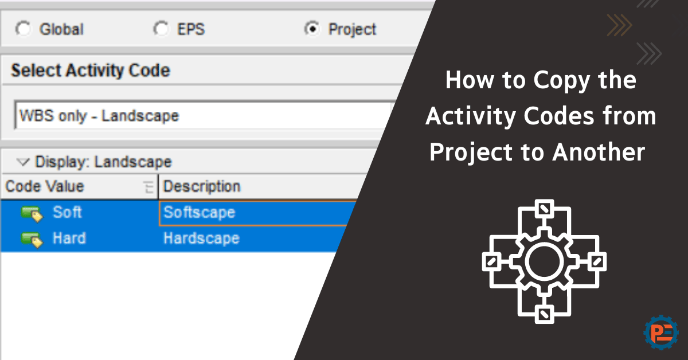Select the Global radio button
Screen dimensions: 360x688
24,29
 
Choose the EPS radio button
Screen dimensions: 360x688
162,29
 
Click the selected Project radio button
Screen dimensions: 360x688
312,29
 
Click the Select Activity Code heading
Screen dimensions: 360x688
91,71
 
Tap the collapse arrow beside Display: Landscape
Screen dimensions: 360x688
24,162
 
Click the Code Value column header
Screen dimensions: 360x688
45,186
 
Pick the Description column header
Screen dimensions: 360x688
202,186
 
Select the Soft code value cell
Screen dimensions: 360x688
67,212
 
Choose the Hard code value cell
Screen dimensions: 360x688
69,238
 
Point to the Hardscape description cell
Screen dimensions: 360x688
201,238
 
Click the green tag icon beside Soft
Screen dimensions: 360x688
32,213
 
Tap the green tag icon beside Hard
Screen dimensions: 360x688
32,239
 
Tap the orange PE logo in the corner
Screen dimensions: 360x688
661,332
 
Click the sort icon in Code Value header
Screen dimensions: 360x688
148,187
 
